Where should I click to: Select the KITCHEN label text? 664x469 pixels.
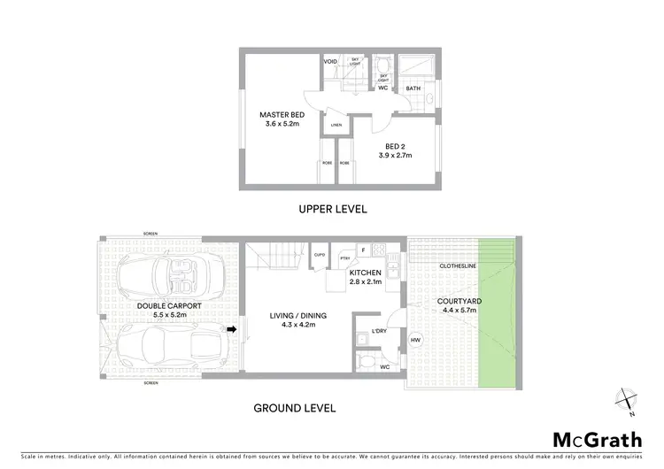[x=364, y=273]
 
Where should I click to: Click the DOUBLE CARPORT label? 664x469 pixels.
[x=169, y=306]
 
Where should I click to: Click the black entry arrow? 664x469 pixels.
[x=232, y=330]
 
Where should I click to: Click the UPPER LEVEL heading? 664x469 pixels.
[x=333, y=209]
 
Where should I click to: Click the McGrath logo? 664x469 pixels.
[x=598, y=440]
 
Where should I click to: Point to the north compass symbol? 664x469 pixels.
[x=628, y=400]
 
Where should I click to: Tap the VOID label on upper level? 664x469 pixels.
[x=330, y=62]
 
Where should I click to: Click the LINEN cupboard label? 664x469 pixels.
[x=336, y=125]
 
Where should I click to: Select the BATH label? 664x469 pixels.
[x=413, y=88]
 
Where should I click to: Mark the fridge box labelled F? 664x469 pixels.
[x=361, y=250]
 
